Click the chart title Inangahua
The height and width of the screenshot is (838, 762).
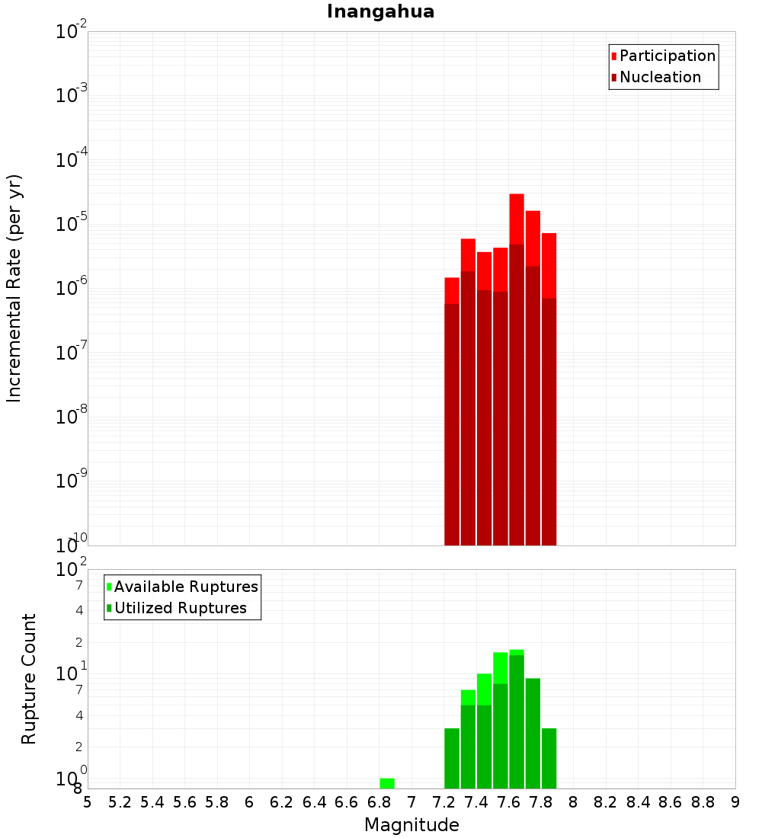pos(380,12)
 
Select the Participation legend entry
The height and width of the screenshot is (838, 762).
pos(667,56)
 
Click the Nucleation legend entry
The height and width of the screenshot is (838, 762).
pos(659,77)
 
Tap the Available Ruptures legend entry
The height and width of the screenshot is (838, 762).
pos(185,587)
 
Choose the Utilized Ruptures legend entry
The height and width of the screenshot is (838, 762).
pos(180,608)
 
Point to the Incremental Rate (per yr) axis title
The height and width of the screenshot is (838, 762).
pos(14,288)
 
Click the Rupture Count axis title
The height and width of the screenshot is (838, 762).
pos(29,679)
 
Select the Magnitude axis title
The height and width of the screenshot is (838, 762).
pos(411,825)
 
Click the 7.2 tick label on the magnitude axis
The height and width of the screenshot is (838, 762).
pos(443,802)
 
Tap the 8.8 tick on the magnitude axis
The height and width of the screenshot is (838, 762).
pos(703,802)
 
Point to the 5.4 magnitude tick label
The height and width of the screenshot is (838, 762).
pos(152,802)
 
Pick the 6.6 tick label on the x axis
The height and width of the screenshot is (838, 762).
pos(347,802)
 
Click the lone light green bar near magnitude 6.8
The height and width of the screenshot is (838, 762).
pos(387,783)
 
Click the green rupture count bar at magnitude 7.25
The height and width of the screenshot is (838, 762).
pos(452,758)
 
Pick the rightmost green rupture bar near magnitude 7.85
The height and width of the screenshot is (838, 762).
pos(549,758)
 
